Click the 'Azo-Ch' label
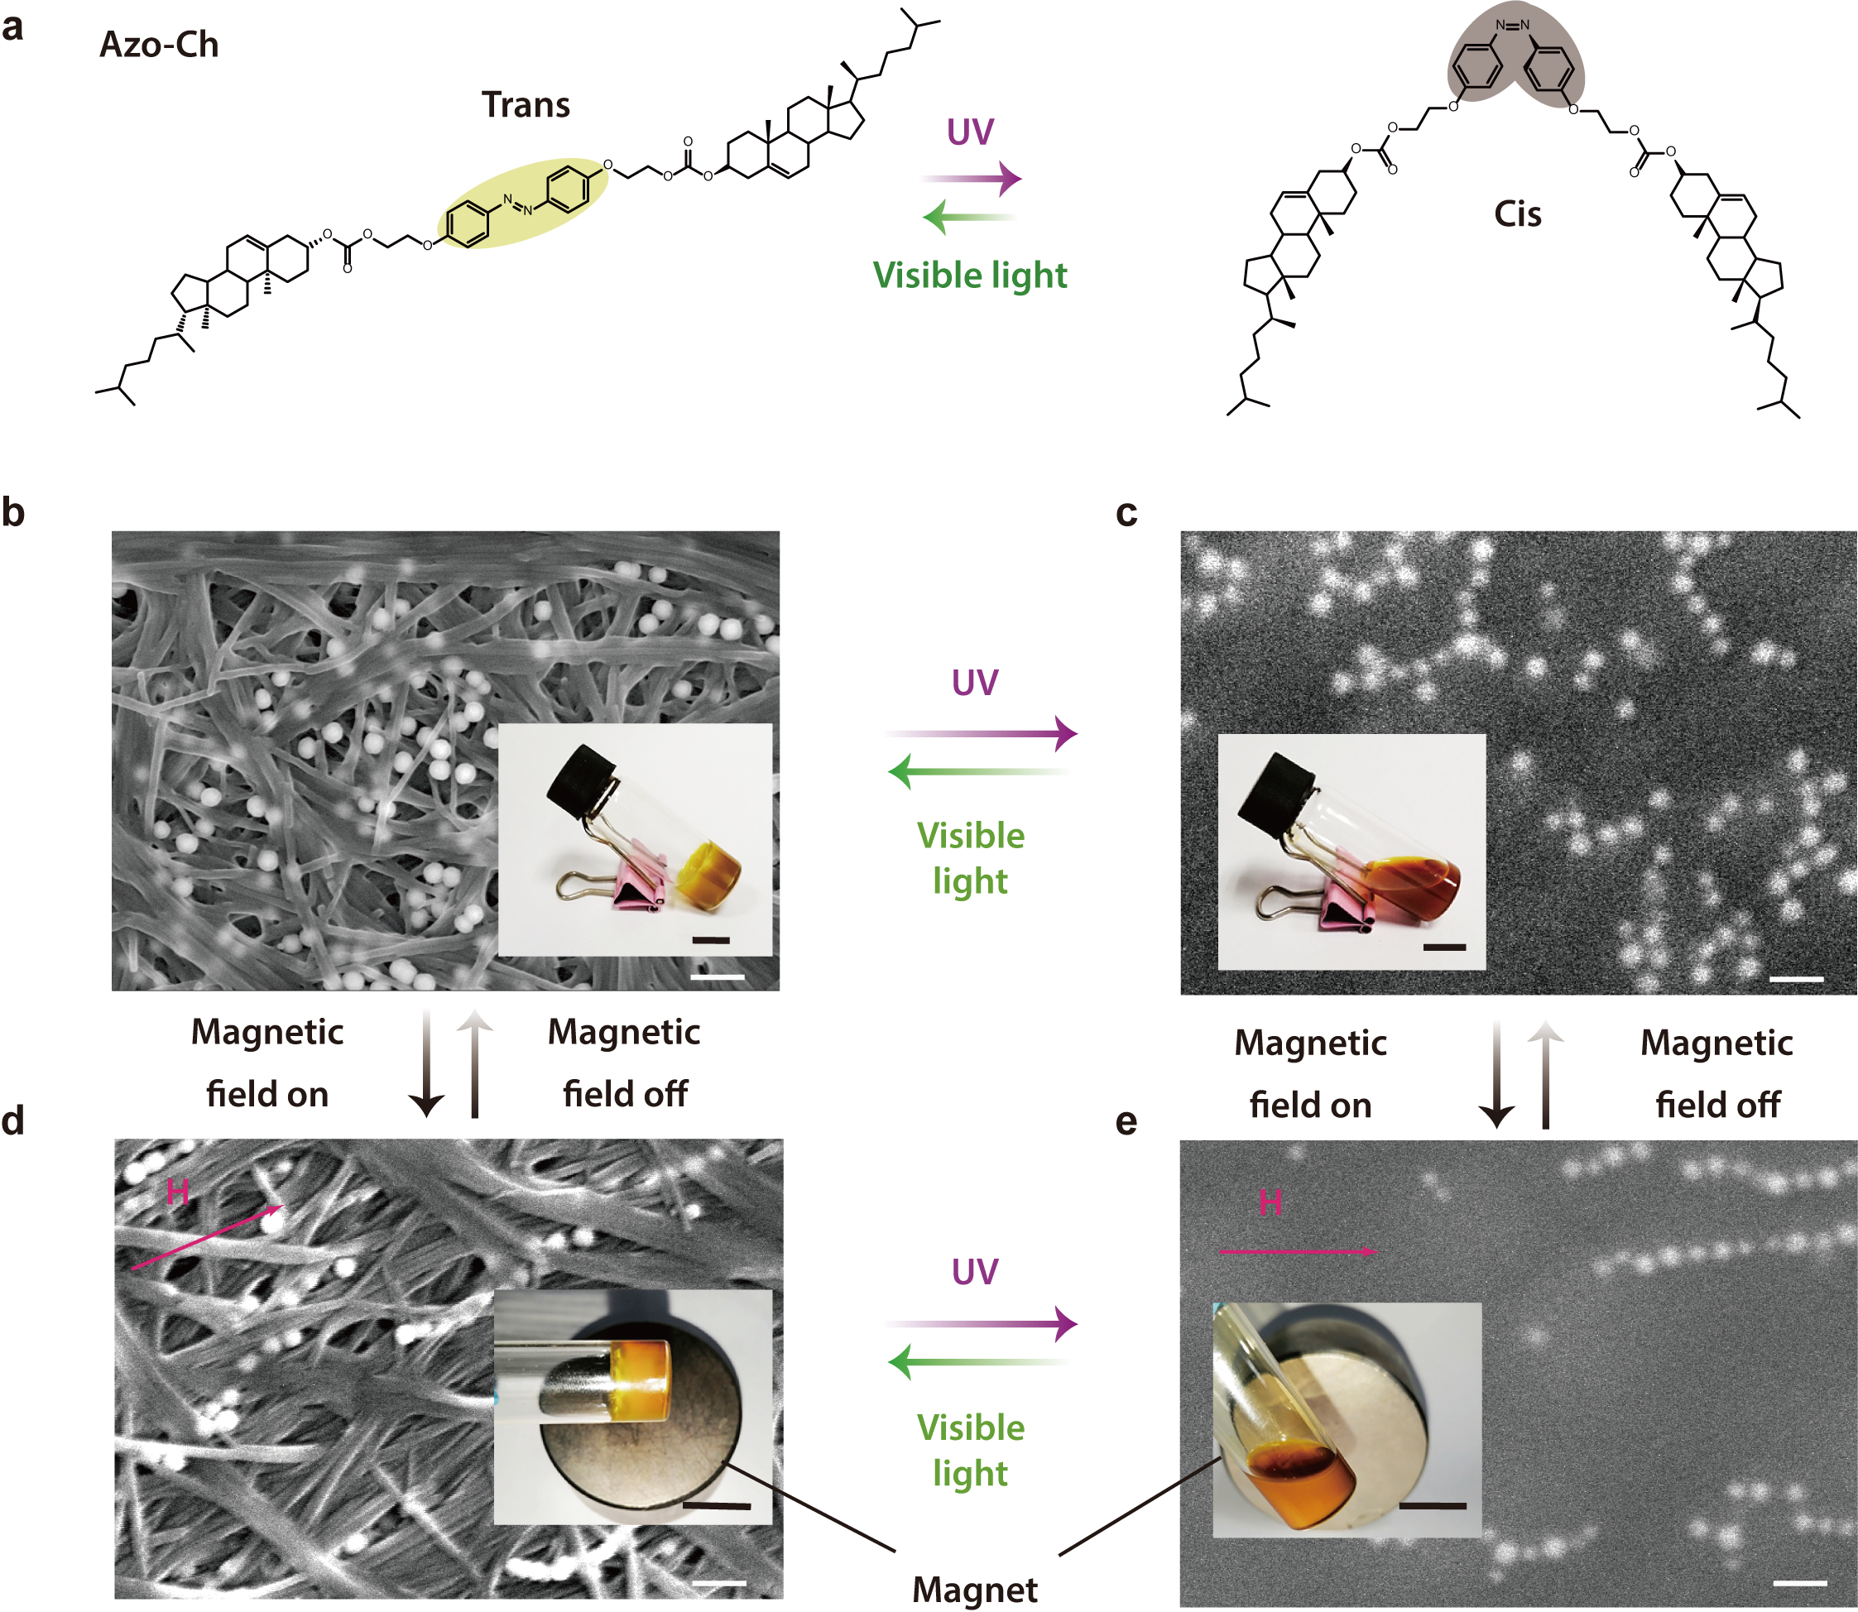[159, 45]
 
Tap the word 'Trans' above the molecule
[526, 105]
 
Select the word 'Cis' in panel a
[1517, 214]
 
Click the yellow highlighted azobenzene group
[522, 204]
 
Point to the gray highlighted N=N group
[1515, 59]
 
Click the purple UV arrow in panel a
[969, 179]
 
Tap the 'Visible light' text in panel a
[970, 276]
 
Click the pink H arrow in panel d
[208, 1238]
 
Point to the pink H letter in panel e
[1270, 1202]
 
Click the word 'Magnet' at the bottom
[974, 1590]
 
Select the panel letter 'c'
[1126, 513]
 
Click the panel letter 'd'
[12, 1120]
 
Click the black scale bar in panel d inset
[716, 1505]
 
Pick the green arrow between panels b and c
[979, 772]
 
